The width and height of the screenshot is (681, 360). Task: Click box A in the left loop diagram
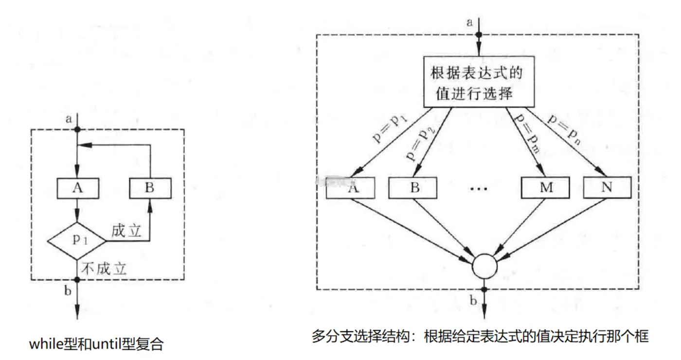click(78, 188)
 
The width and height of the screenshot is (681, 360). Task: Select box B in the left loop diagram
click(149, 188)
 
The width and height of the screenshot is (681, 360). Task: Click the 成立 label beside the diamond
click(126, 231)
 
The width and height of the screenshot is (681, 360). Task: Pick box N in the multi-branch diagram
click(607, 188)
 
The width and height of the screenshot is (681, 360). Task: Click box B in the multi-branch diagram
click(415, 188)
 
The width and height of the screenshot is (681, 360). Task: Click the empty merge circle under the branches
click(484, 266)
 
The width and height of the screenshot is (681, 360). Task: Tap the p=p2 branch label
click(420, 143)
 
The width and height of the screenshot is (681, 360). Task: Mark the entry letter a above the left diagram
click(69, 118)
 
